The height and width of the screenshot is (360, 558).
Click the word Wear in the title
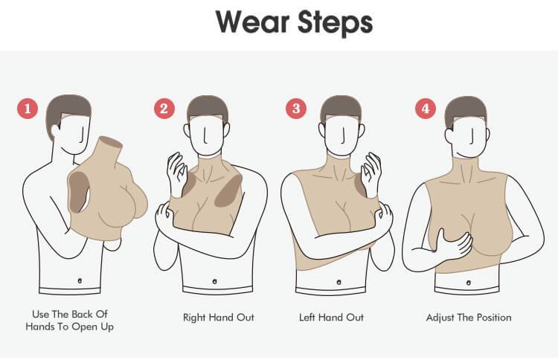coord(252,22)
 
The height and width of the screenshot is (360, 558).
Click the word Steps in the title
coord(336,24)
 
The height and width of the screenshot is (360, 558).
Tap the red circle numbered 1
coord(28,108)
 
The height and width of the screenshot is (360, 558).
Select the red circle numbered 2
coord(164,108)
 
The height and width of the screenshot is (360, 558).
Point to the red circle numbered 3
coord(296,108)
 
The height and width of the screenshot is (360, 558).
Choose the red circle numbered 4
coord(426,108)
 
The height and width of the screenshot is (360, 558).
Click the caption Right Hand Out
coord(219,318)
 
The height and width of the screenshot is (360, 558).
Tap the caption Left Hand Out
coord(331,318)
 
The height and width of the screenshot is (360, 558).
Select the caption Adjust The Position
coord(469,318)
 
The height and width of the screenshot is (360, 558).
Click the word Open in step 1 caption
coord(84,327)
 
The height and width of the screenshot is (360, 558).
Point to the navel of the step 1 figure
coord(80,280)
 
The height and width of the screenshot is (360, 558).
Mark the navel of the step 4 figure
coord(469,283)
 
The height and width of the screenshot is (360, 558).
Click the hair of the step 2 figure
coord(207,106)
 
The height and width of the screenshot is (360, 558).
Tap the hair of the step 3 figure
coord(341,106)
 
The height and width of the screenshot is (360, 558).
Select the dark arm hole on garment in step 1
coord(78,191)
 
